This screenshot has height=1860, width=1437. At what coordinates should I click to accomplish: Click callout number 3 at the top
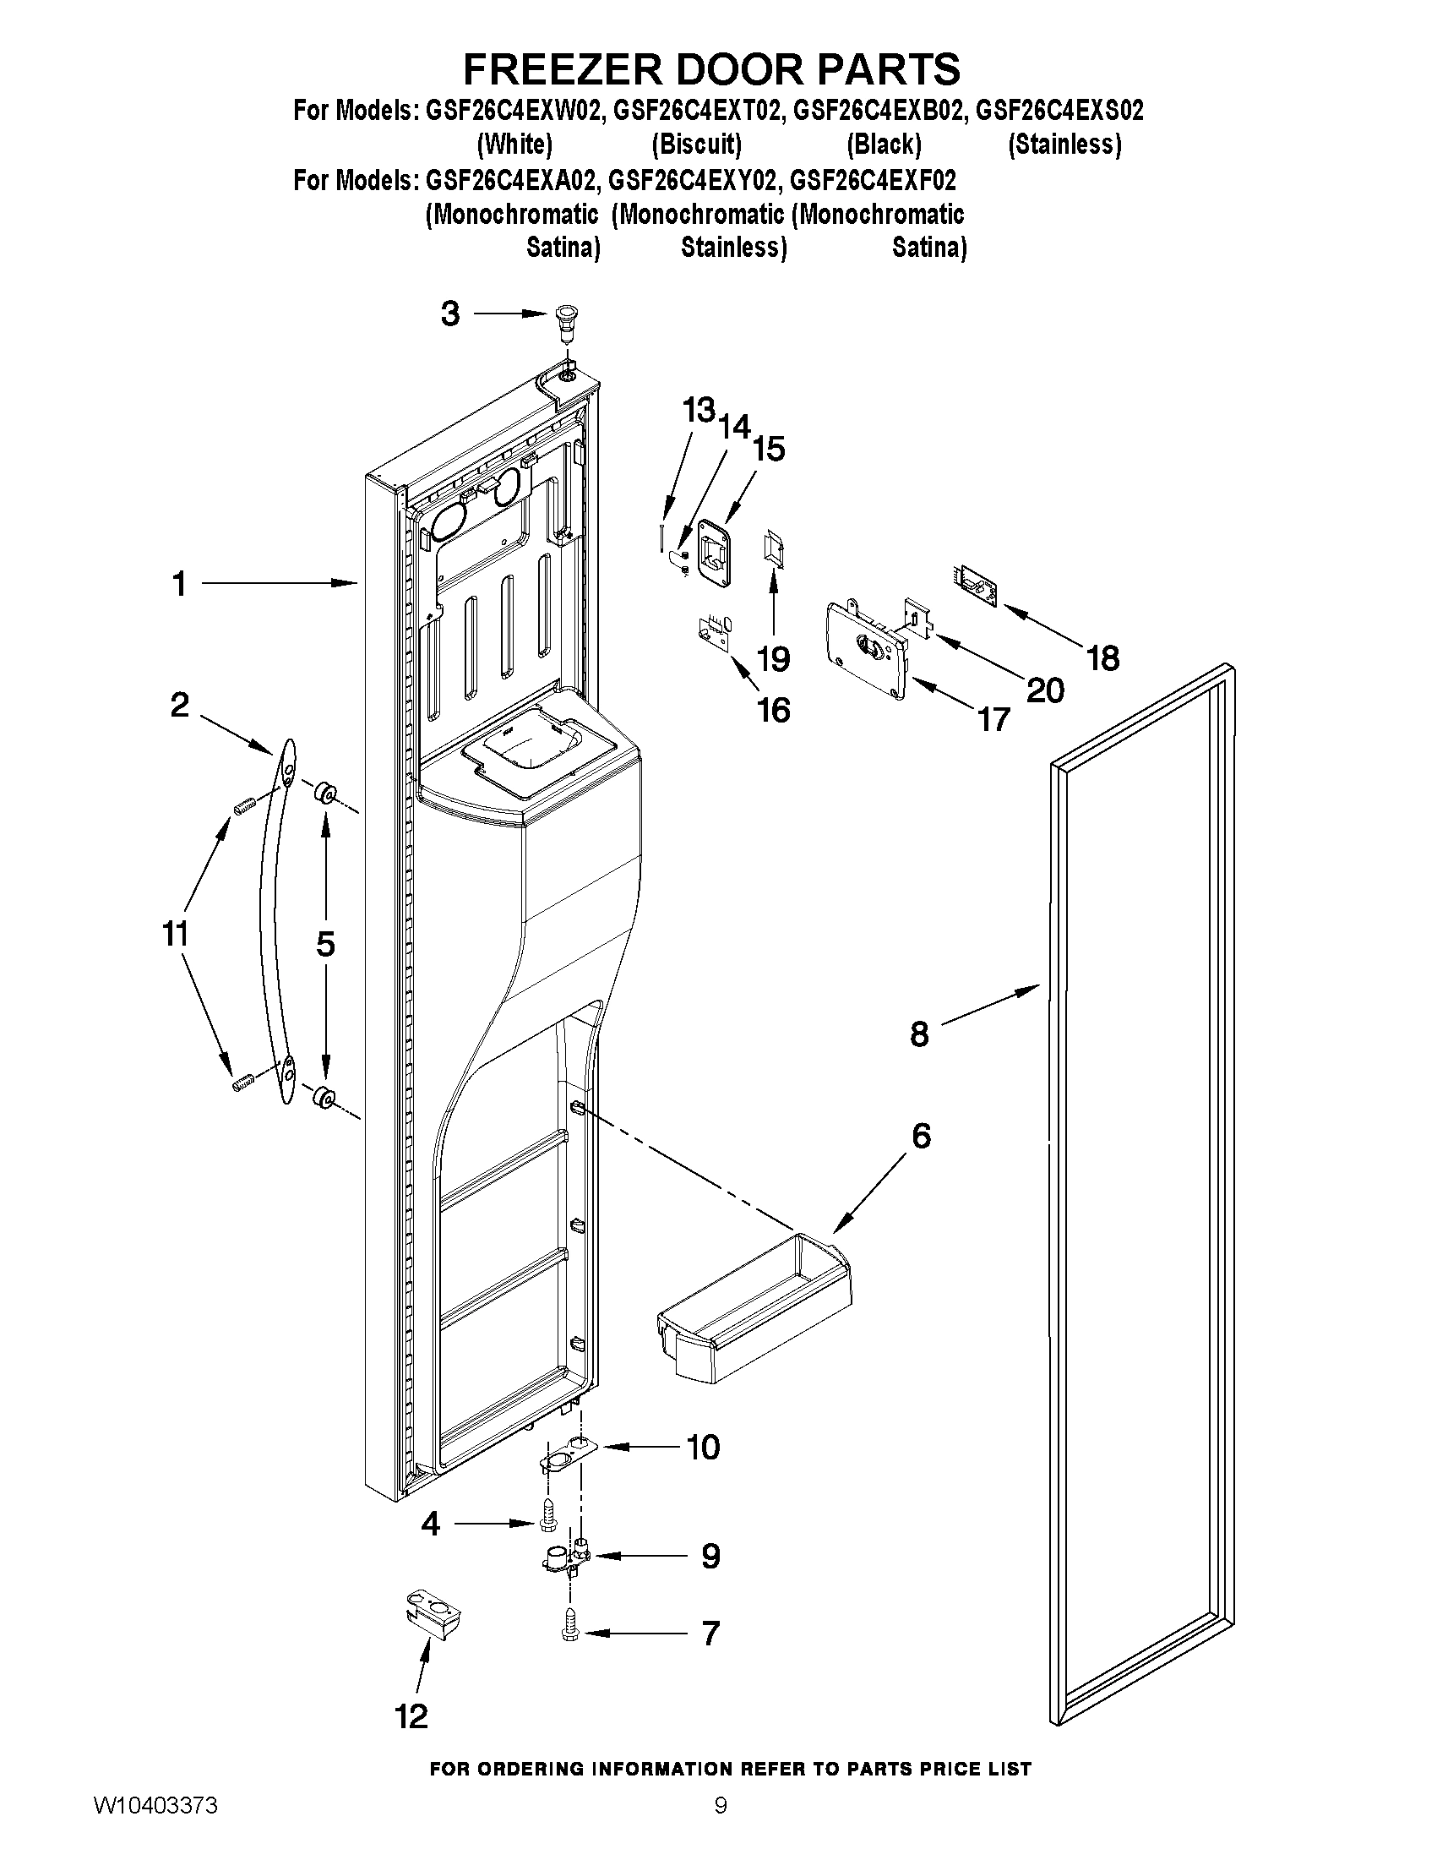pos(450,314)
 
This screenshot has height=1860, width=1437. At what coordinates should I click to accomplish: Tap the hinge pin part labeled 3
pos(563,323)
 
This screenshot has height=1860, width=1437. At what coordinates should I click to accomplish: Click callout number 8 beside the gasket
pos(919,1034)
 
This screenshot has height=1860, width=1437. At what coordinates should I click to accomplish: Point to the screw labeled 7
pos(568,1632)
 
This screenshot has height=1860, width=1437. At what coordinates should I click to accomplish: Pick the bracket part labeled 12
pos(433,1617)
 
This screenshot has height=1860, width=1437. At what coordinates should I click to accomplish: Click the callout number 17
pos(993,720)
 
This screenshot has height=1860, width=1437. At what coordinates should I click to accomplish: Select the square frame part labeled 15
pos(715,554)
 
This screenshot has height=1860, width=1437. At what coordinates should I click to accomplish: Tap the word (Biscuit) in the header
pos(696,145)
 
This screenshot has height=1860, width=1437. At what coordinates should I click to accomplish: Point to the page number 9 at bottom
pos(721,1830)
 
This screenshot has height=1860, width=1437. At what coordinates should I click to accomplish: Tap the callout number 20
pos(1045,690)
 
